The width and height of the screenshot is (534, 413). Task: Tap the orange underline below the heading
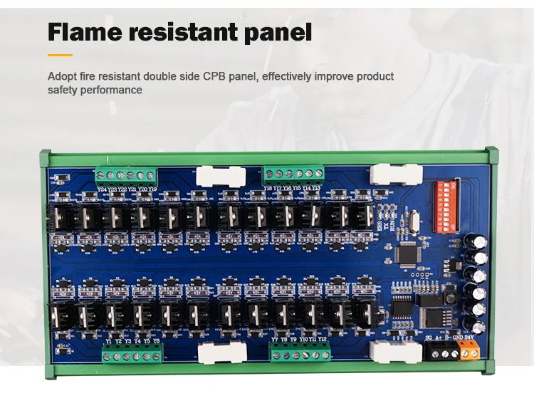(60, 54)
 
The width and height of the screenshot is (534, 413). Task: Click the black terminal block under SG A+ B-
(443, 351)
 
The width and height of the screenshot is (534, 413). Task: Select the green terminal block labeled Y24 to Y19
(127, 175)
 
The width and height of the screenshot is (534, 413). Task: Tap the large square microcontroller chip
(408, 253)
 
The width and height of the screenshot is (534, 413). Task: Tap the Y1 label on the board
(108, 340)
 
